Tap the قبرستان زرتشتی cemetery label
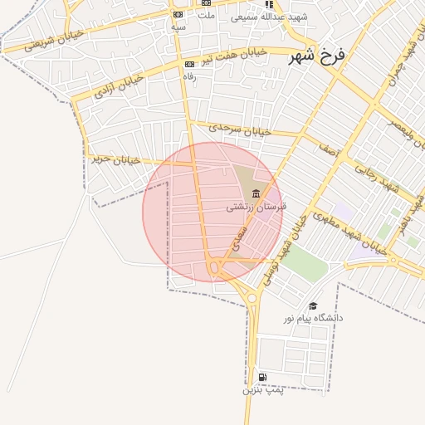coord(256,206)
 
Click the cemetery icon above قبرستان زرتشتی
coord(256,193)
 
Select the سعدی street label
coord(241,235)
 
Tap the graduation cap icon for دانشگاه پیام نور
coord(313,306)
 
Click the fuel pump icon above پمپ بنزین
coord(263,377)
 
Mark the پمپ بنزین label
coord(263,389)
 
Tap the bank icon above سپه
coord(178,15)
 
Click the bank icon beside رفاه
coord(189,64)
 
